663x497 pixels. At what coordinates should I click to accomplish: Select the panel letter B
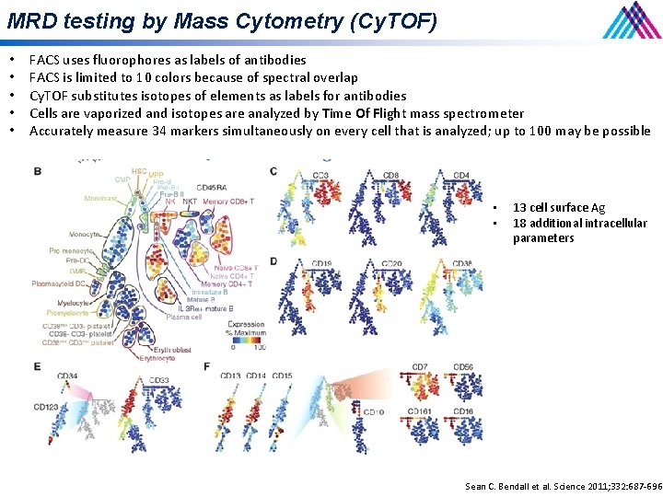click(37, 172)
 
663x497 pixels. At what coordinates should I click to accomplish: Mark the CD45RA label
click(213, 188)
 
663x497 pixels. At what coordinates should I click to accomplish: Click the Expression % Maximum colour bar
click(247, 337)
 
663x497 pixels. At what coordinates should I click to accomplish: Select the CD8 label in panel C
click(390, 175)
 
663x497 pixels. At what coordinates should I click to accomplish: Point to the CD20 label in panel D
click(390, 264)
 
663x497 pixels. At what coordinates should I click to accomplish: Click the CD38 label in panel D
click(462, 264)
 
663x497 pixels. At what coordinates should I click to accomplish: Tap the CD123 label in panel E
click(46, 406)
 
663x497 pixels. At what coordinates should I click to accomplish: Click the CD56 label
click(463, 367)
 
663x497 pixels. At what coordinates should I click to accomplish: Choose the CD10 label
click(373, 411)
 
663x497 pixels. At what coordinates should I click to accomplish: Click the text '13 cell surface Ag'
click(558, 208)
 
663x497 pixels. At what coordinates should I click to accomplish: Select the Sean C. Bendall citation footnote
click(563, 486)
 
